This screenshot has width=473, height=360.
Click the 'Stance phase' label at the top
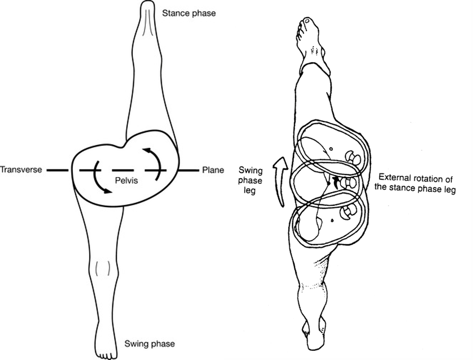[x=190, y=14]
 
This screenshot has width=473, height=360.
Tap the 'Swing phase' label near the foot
[x=149, y=343]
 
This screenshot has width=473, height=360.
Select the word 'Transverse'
[x=21, y=170]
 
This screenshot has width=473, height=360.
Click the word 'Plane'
[x=213, y=170]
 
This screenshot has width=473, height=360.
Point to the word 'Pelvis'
[x=126, y=180]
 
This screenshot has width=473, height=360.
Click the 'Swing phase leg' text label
[x=250, y=180]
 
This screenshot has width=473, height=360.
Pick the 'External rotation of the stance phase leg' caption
[x=417, y=183]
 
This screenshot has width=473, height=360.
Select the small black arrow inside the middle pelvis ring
[x=335, y=182]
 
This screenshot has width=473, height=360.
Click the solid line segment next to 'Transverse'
[x=58, y=170]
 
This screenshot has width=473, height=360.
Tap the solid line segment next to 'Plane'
[x=189, y=170]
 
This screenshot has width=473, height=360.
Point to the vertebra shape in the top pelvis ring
[x=350, y=156]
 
